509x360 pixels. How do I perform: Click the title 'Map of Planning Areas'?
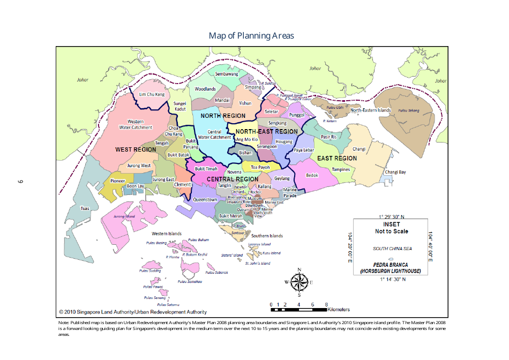[251, 35]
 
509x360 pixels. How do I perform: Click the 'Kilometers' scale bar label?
[338, 310]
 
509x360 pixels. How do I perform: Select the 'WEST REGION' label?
[136, 149]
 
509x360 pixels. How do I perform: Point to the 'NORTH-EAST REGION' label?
[266, 131]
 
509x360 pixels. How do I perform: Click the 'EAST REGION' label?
[336, 158]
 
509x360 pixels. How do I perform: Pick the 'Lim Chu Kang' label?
[152, 94]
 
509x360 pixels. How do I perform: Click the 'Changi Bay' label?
[395, 172]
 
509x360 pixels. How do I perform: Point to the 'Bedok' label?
[312, 175]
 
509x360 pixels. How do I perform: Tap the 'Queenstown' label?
[205, 199]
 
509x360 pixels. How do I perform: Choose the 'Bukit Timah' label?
[206, 168]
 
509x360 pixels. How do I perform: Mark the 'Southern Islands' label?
[267, 236]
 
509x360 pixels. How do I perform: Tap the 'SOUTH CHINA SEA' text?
[392, 249]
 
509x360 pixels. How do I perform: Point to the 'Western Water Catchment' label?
[136, 124]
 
